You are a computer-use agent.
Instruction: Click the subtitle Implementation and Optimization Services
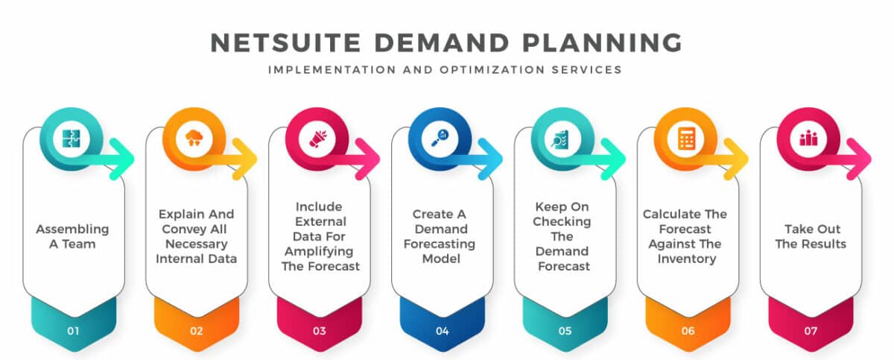point(446,70)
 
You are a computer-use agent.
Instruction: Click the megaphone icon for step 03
point(319,139)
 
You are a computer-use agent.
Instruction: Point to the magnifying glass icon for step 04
point(442,139)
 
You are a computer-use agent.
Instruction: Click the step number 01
point(73,330)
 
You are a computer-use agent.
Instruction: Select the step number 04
point(442,330)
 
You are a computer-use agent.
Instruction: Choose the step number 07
point(811,330)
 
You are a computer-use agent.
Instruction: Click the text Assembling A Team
point(73,236)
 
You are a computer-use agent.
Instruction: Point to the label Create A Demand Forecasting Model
point(442,236)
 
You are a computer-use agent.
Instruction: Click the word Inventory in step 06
point(688,259)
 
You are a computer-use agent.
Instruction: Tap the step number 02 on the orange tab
point(196,330)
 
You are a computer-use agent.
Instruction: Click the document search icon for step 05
point(565,139)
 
